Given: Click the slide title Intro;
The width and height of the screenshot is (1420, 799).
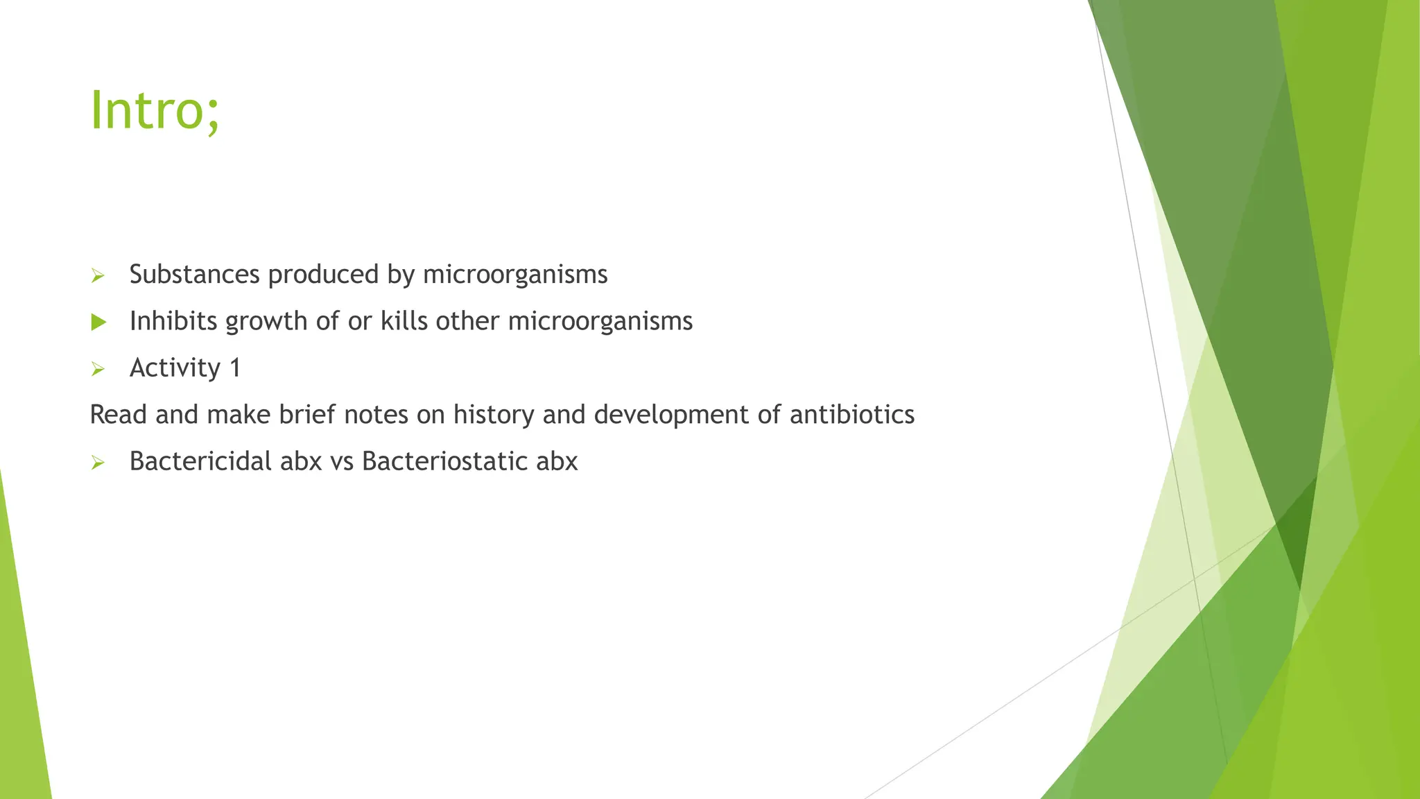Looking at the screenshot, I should (155, 111).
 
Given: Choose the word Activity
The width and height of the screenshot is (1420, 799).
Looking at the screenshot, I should (175, 368).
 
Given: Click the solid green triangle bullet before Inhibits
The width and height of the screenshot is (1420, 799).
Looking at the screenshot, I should (98, 322).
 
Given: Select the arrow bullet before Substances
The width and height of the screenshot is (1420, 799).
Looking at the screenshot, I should (98, 276).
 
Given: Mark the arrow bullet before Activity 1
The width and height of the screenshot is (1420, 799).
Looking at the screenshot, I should (98, 369).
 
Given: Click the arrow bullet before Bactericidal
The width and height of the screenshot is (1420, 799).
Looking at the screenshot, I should (98, 463).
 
